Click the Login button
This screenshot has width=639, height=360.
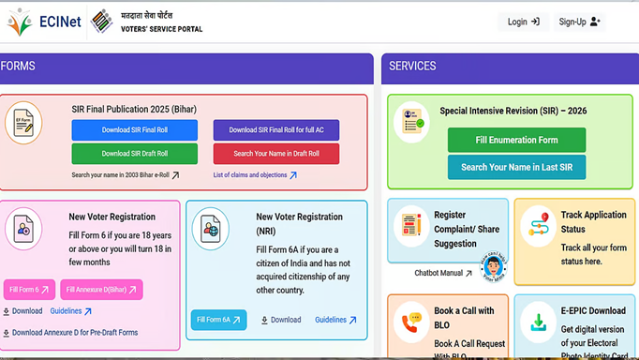pyautogui.click(x=523, y=22)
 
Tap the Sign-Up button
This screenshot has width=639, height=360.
pyautogui.click(x=579, y=22)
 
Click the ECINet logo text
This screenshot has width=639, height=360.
pyautogui.click(x=60, y=21)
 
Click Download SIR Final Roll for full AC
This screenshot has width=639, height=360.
pyautogui.click(x=276, y=129)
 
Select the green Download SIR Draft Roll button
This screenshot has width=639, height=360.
pyautogui.click(x=135, y=154)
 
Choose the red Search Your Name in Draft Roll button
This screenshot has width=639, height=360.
pyautogui.click(x=276, y=154)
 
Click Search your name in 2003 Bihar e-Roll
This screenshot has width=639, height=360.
pyautogui.click(x=125, y=175)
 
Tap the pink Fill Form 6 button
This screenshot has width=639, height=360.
pyautogui.click(x=29, y=290)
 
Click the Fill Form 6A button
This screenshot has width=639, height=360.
pyautogui.click(x=218, y=320)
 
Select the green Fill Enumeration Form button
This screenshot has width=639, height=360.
pyautogui.click(x=516, y=140)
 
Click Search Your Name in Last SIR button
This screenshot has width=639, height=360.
pyautogui.click(x=516, y=167)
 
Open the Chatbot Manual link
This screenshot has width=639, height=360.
pyautogui.click(x=443, y=274)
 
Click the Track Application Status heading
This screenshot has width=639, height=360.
pyautogui.click(x=593, y=221)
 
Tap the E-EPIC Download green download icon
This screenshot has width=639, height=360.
pyautogui.click(x=538, y=322)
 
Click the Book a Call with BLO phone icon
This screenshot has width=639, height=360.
pyautogui.click(x=410, y=322)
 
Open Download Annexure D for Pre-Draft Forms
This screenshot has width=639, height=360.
pyautogui.click(x=74, y=332)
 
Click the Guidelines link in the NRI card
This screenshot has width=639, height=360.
pyautogui.click(x=335, y=320)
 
